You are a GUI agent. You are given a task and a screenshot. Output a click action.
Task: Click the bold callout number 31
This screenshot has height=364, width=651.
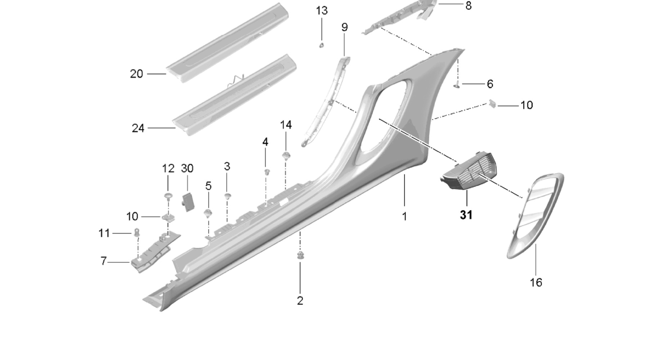point(466,215)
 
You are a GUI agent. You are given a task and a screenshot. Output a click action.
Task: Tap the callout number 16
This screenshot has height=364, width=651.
point(536,283)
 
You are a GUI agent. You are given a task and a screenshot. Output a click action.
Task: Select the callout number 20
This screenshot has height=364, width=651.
point(136,74)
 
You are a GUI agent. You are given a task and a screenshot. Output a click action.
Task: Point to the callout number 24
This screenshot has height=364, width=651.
point(138,128)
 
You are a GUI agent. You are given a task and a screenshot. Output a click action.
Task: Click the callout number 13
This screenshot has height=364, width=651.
point(322,11)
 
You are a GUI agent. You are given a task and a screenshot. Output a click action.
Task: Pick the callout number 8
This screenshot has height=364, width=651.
point(468,6)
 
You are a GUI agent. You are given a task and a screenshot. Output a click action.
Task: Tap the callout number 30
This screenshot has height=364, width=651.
point(187,168)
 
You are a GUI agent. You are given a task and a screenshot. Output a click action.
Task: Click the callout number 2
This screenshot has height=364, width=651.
point(300,301)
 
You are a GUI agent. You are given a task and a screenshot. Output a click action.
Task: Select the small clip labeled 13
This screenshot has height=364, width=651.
point(322,45)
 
